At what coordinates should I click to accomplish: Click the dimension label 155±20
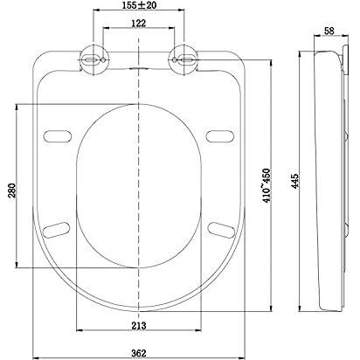click(138, 4)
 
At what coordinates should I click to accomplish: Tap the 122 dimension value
click(138, 24)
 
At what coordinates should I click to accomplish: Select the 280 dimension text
click(11, 190)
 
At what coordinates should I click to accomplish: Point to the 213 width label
click(139, 326)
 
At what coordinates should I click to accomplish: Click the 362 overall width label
click(139, 353)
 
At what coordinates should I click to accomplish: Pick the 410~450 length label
click(267, 185)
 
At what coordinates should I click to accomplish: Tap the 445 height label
click(294, 181)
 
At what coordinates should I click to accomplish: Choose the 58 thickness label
click(329, 31)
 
